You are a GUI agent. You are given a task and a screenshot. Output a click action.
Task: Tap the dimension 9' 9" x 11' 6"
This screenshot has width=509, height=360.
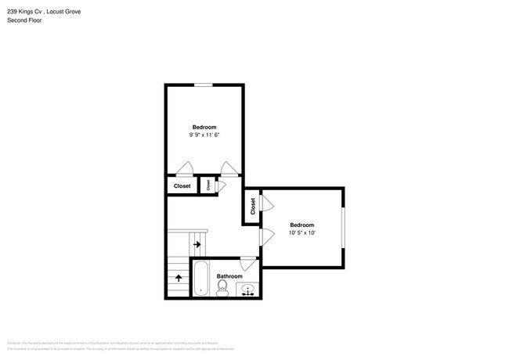coord(204,135)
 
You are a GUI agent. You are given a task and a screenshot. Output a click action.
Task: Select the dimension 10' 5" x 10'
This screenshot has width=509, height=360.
coord(301,232)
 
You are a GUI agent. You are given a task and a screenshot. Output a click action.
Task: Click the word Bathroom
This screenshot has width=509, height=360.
coord(229,276)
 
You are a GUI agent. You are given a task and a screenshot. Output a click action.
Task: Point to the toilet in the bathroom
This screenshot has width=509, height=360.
coord(222,290)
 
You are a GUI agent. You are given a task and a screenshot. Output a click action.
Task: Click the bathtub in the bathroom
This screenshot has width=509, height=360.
coord(200,280)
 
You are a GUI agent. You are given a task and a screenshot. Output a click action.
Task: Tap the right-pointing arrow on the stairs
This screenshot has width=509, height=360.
coord(197,245)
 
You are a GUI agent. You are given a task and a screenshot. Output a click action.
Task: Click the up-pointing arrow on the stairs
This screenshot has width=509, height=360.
coord(179,277)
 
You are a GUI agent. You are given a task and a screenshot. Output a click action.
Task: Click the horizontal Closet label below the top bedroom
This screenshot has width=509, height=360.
coord(182,186)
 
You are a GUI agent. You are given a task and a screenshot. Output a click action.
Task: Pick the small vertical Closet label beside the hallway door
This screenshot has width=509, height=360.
coord(208,186)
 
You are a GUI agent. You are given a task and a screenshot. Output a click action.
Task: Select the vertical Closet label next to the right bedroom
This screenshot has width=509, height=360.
coord(253,207)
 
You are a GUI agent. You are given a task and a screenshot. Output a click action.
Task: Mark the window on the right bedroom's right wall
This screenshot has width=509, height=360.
coord(343,229)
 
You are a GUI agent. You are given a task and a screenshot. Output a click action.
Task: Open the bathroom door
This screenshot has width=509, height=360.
coord(247,262)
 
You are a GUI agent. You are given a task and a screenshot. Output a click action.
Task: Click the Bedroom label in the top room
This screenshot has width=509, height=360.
coord(204,127)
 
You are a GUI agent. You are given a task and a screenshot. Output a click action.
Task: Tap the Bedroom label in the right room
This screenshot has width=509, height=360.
coord(301,225)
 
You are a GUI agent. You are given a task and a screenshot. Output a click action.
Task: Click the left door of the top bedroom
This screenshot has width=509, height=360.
coord(185,169)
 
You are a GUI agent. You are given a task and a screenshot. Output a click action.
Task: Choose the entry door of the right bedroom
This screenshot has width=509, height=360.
coord(265,236)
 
